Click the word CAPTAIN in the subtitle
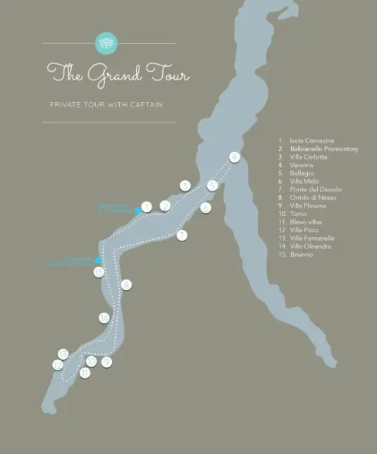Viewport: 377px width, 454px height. pos(147,105)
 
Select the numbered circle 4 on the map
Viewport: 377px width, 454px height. pos(235,157)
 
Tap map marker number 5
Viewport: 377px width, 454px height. pos(212,186)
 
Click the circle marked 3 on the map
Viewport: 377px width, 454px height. pos(185,186)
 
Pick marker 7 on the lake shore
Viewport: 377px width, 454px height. pos(182,235)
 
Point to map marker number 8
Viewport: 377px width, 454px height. pos(126,285)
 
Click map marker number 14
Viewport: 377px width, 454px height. pos(104,318)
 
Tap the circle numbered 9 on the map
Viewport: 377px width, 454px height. pos(106,361)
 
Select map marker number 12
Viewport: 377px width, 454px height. pos(58,365)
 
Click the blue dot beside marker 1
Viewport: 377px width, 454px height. pos(137,210)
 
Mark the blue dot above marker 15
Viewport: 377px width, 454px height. pos(97,260)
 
